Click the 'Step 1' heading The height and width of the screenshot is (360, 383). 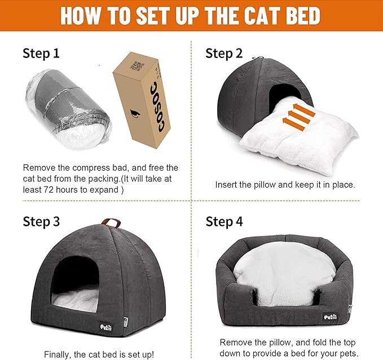click(x=41, y=54)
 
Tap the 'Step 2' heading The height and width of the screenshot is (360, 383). click(x=224, y=54)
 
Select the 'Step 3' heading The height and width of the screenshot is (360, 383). click(x=41, y=221)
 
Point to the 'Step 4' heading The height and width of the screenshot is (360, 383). click(x=224, y=221)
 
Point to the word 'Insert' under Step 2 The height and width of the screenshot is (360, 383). click(x=227, y=184)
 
